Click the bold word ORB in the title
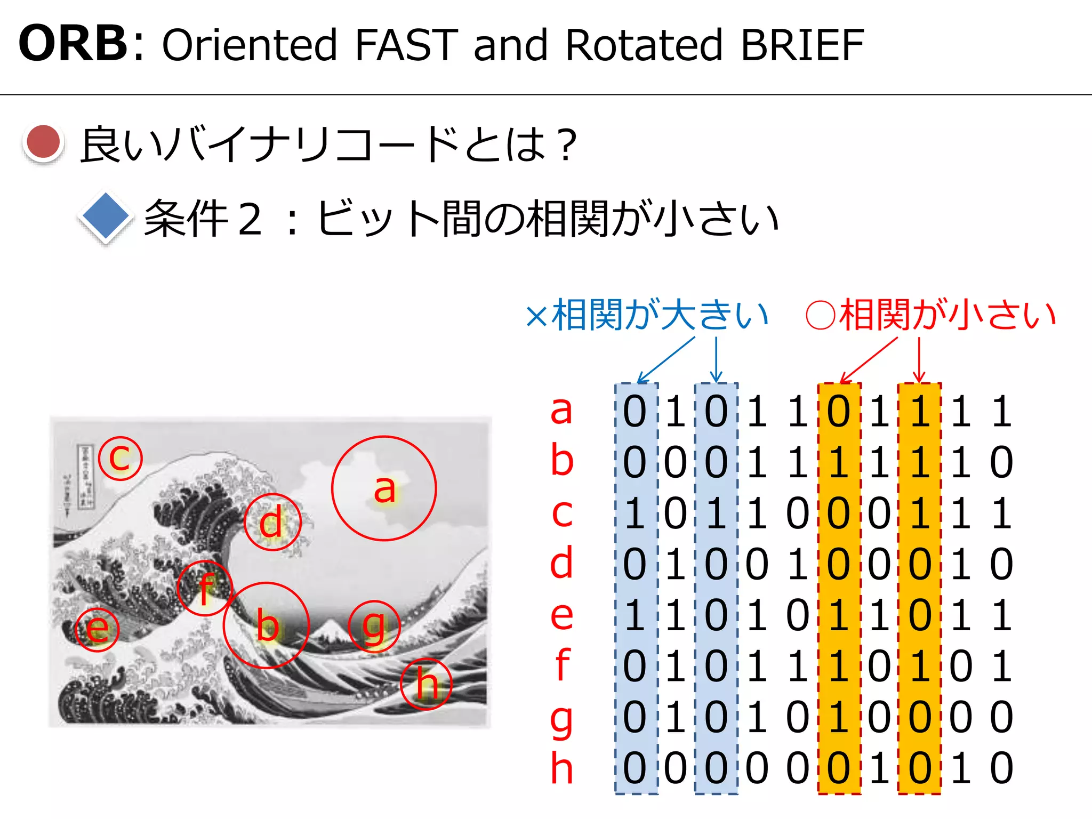tap(73, 44)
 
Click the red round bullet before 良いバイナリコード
tap(44, 142)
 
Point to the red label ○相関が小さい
tap(931, 315)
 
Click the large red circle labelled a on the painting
tap(384, 488)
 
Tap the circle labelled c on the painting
tap(121, 458)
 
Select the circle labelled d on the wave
tap(272, 523)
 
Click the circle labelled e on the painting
tap(97, 629)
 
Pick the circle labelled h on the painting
tap(427, 684)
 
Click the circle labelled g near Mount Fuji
tap(374, 627)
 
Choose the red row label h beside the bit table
tap(561, 768)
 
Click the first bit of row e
tap(635, 616)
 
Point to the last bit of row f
tap(1001, 667)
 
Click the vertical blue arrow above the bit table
tap(716, 359)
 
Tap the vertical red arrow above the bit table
tap(919, 359)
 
